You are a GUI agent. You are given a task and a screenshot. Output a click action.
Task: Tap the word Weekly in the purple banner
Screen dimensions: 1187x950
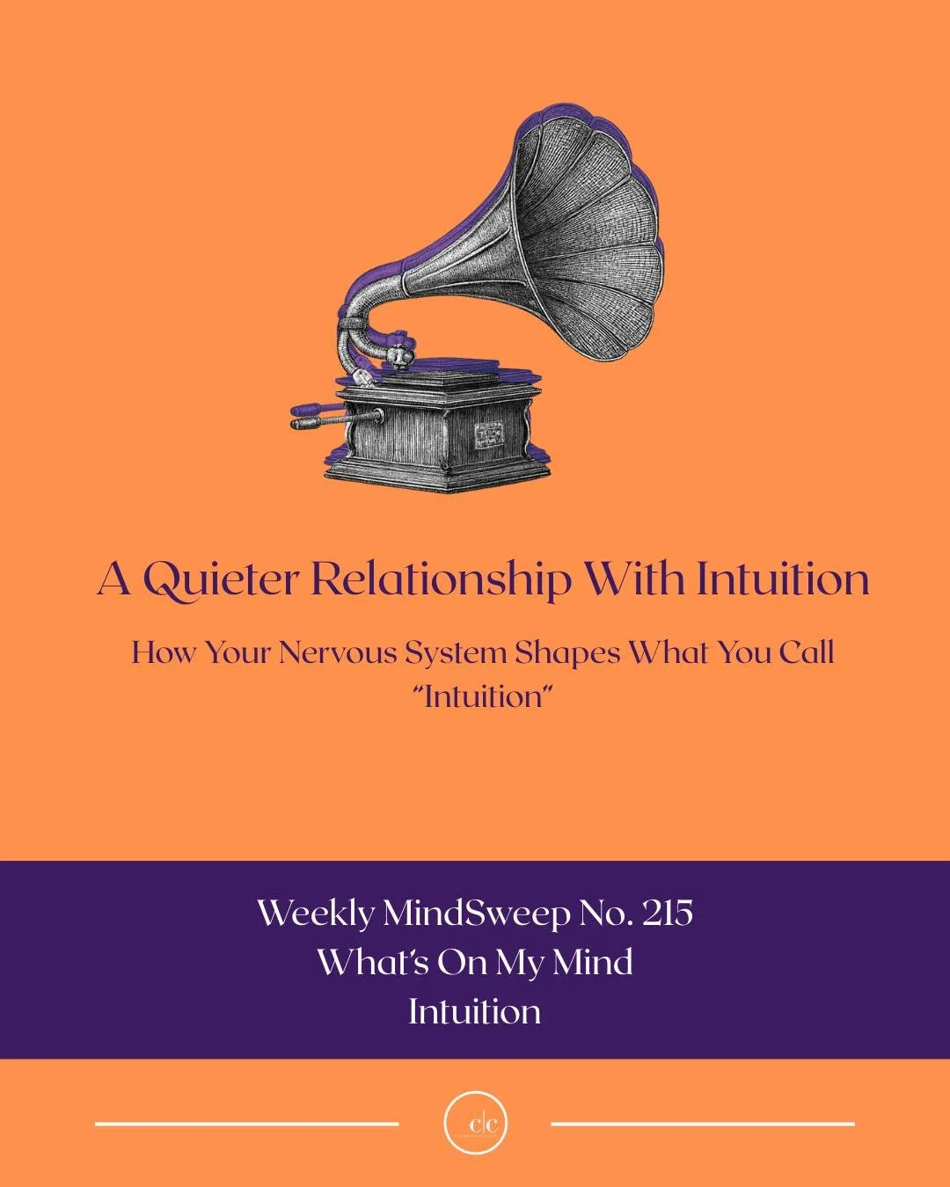click(x=316, y=914)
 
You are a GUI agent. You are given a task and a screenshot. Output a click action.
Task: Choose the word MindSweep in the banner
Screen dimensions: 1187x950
click(x=476, y=914)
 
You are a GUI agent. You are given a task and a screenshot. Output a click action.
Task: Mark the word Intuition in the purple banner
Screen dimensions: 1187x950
click(x=475, y=1011)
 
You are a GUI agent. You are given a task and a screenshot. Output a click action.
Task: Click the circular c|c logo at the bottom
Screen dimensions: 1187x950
click(x=476, y=1124)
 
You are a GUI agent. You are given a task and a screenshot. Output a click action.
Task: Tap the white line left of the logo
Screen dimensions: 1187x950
click(x=246, y=1124)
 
